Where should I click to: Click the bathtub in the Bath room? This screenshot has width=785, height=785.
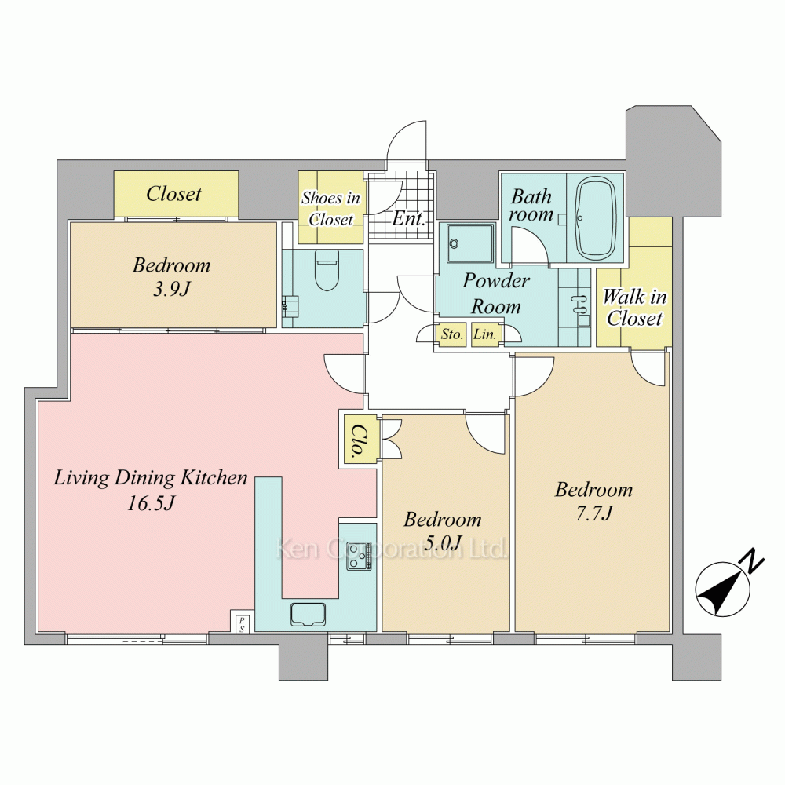(595, 217)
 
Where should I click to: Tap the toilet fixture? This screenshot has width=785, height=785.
(327, 269)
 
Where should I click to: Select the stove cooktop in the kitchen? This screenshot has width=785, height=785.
(360, 556)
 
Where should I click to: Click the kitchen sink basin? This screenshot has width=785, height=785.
(308, 615)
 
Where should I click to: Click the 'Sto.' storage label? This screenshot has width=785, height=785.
(451, 334)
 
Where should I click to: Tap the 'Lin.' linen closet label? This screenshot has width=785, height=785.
(484, 334)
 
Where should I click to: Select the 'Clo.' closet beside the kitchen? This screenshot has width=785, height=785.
(359, 441)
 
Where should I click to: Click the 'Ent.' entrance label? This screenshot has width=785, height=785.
(408, 218)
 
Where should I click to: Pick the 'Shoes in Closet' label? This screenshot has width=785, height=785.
(331, 208)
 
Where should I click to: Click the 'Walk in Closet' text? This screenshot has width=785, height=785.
(634, 308)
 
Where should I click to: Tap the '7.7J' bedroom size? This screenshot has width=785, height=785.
(594, 513)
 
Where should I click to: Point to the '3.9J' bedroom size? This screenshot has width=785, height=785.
(171, 289)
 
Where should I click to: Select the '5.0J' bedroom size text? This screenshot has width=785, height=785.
(442, 542)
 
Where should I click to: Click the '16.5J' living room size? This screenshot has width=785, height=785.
(151, 503)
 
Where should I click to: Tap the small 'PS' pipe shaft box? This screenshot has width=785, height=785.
(242, 623)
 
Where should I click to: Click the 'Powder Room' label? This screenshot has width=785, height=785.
(495, 294)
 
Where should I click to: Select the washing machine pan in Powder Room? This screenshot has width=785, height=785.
(470, 243)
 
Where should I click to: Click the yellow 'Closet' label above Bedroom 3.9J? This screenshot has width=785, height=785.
(173, 194)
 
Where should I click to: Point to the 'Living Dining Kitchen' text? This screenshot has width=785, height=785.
(150, 477)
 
